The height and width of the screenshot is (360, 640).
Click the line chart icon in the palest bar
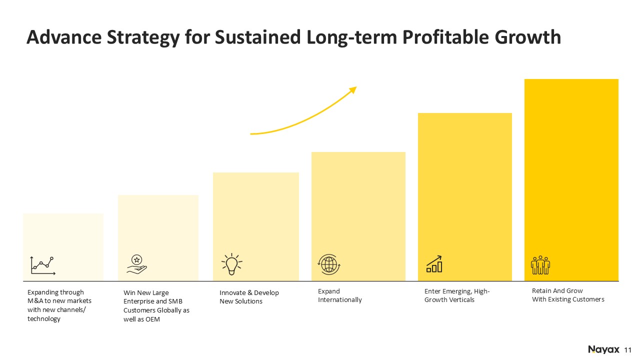[42, 265]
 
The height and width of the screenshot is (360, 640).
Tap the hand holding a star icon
[136, 265]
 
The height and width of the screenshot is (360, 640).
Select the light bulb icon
[231, 264]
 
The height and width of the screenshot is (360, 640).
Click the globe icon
[329, 264]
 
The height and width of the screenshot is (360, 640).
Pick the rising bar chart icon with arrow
[434, 264]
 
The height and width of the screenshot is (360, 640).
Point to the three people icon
[540, 265]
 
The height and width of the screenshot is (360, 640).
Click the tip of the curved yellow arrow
[357, 87]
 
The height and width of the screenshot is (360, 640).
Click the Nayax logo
[603, 349]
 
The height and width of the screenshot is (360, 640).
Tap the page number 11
[627, 350]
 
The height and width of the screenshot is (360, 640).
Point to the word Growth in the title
[528, 37]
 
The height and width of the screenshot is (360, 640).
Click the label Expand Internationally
[339, 295]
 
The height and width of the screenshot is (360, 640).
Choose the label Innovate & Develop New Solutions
[249, 297]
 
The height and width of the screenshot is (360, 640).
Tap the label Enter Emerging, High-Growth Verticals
[457, 295]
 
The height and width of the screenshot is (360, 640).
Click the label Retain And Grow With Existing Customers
[568, 295]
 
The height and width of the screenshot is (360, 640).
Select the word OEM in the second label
[152, 319]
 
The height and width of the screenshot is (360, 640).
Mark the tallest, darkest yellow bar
[571, 180]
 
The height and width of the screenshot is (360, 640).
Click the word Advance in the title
[64, 37]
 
